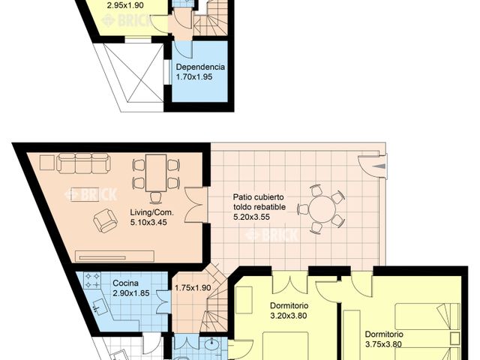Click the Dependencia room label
[200, 66]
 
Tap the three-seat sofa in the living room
[84, 163]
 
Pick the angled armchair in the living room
[106, 220]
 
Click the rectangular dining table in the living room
[156, 173]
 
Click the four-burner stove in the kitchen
[92, 282]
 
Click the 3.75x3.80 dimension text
[385, 344]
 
